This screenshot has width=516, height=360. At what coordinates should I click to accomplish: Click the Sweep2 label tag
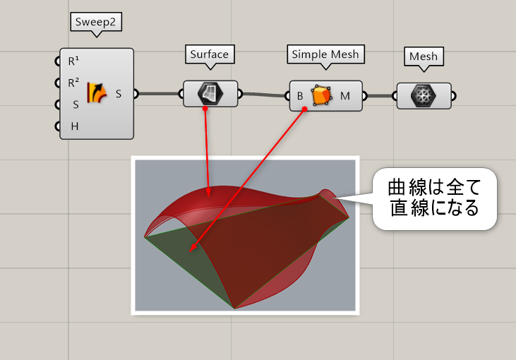97,22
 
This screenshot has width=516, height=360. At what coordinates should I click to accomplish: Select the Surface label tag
210,54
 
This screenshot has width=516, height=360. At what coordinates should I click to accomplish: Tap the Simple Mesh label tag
325,54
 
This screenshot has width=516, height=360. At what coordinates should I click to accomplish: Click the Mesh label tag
424,56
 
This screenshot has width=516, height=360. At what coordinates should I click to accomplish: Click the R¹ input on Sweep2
73,61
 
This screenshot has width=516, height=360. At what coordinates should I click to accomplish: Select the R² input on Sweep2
73,83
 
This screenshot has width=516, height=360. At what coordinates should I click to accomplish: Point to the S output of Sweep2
118,93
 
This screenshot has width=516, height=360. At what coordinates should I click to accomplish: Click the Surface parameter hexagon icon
210,92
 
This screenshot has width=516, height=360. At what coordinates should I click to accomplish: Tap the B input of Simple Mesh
300,95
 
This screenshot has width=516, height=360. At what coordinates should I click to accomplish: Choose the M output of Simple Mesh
345,95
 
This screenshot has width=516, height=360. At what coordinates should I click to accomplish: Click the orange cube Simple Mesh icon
322,95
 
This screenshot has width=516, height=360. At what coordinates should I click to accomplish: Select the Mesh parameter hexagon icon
424,95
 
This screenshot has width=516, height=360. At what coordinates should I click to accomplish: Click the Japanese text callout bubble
433,198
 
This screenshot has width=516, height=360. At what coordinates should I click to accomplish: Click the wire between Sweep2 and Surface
159,93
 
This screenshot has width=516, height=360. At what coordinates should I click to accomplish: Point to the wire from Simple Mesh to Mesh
379,95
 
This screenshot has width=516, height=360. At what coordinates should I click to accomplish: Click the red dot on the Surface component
205,108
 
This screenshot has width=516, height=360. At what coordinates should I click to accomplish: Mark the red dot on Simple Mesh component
304,109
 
